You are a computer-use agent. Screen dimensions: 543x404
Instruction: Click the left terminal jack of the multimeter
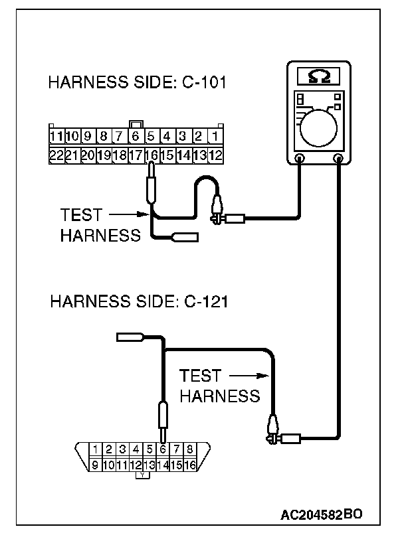300,159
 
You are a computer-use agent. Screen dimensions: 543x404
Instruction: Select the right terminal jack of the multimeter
340,159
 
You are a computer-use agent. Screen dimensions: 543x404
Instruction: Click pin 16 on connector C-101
151,155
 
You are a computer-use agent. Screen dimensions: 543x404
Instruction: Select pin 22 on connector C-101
56,155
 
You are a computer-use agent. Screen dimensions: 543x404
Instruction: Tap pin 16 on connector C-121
189,465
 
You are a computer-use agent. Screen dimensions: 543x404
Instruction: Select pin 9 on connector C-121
96,465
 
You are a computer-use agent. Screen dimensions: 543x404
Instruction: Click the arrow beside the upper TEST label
126,214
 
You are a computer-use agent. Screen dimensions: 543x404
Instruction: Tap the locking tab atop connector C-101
136,124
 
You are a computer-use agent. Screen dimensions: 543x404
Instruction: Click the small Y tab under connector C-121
143,476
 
